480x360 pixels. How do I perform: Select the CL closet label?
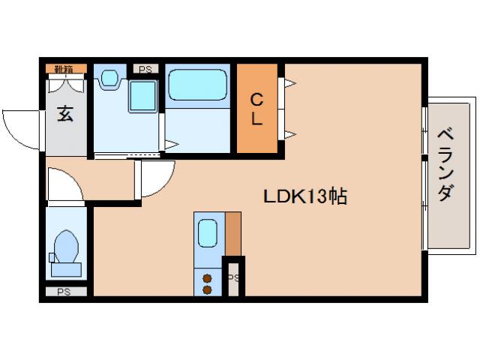pyautogui.click(x=256, y=109)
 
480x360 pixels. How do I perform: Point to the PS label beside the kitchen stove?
pyautogui.click(x=234, y=277)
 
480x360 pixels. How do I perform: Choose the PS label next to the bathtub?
pyautogui.click(x=145, y=69)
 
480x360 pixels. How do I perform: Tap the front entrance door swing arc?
pyautogui.click(x=19, y=127)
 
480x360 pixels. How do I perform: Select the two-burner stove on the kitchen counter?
pyautogui.click(x=208, y=281)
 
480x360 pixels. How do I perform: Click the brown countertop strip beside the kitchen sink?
pyautogui.click(x=233, y=233)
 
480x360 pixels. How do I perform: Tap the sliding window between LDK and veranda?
pyautogui.click(x=424, y=177)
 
